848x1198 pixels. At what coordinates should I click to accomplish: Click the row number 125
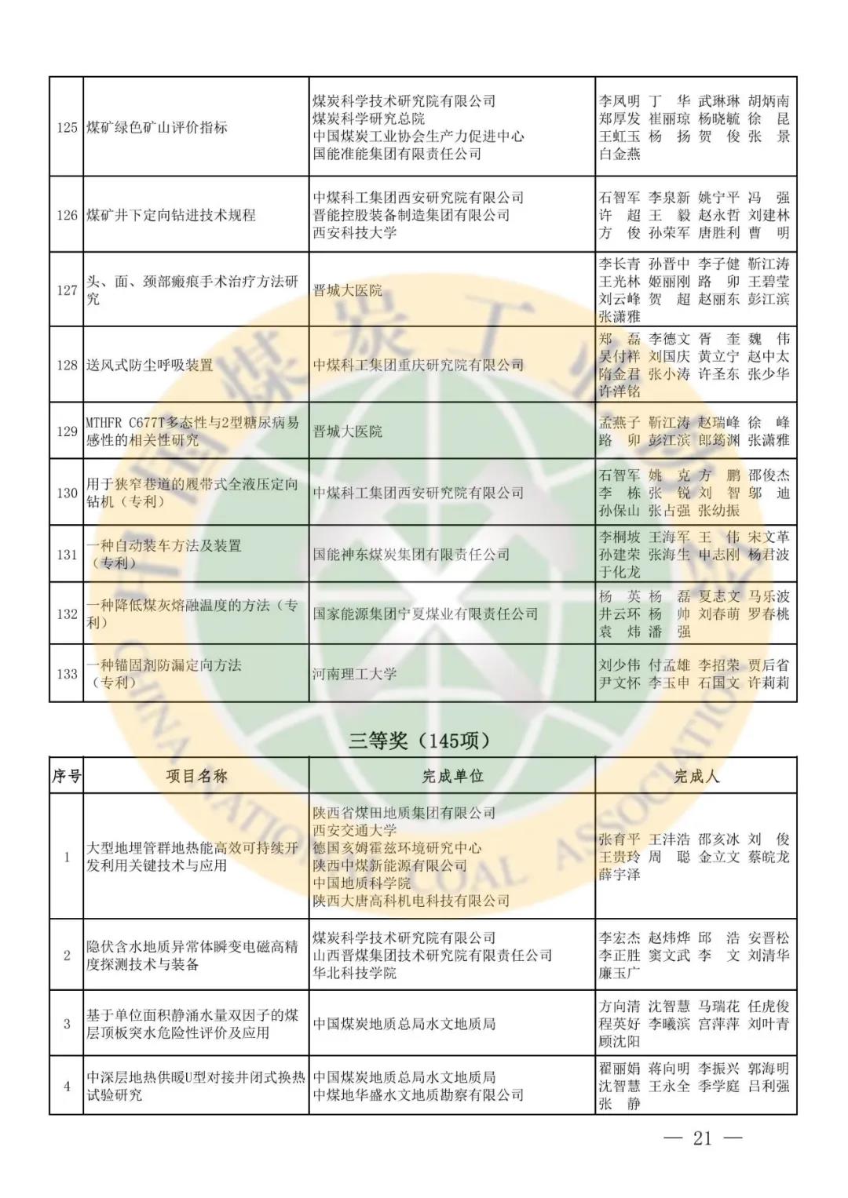click(66, 127)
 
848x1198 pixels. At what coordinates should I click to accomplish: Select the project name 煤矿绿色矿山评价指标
click(157, 127)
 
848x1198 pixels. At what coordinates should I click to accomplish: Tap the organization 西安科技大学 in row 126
click(355, 233)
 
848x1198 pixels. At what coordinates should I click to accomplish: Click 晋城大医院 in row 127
click(348, 290)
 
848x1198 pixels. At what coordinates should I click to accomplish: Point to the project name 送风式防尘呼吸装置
click(149, 365)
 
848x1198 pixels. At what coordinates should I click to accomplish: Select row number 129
click(66, 431)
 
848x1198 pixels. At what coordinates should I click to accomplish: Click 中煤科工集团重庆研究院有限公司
click(419, 365)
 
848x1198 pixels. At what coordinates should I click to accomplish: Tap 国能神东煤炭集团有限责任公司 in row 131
click(411, 554)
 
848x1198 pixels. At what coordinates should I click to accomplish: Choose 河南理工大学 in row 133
click(355, 673)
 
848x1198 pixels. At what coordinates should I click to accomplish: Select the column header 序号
click(66, 776)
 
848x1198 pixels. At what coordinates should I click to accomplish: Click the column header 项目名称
click(196, 776)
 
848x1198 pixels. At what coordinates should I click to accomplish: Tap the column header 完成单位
click(451, 776)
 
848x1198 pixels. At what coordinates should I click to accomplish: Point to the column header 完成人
click(696, 776)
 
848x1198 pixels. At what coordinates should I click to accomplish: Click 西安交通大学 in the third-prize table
click(355, 830)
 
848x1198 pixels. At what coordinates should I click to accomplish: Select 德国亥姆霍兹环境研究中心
click(397, 848)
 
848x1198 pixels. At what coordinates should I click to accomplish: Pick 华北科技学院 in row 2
click(355, 973)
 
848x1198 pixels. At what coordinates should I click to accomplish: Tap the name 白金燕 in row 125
click(620, 155)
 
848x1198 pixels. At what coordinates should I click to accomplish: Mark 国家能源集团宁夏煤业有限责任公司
click(426, 614)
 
